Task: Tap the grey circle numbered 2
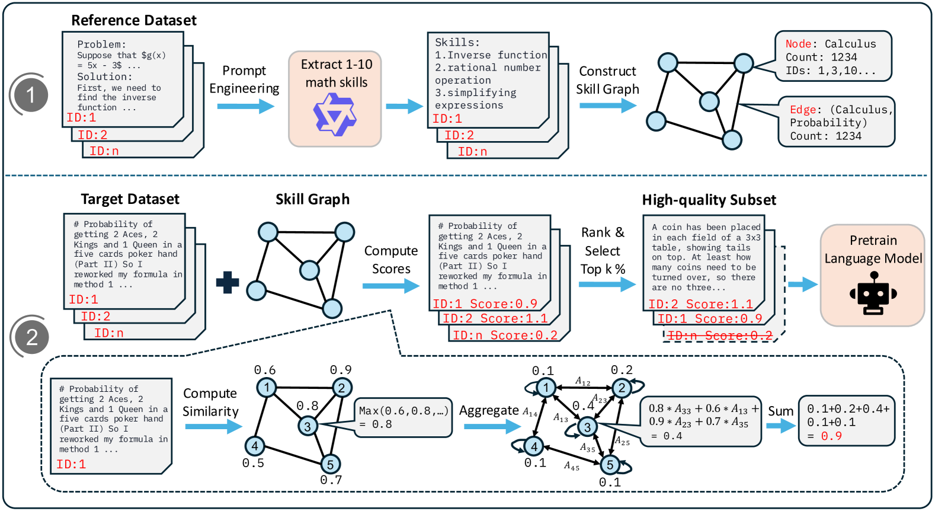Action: pos(32,337)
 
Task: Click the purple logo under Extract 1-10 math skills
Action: pos(335,114)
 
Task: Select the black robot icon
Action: pos(873,293)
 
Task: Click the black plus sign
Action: pos(228,282)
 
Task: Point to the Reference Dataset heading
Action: pos(134,20)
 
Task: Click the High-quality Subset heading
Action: pos(709,200)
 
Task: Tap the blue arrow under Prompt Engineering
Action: pos(245,107)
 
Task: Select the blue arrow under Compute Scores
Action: pos(390,286)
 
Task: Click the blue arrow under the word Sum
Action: pos(781,426)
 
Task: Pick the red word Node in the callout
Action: pos(798,44)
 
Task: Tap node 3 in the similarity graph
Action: pos(308,426)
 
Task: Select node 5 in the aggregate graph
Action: pos(610,465)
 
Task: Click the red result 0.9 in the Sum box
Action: pos(831,436)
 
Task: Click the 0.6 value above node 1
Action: pos(264,370)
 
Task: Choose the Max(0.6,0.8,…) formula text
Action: pos(404,411)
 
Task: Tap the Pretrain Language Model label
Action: pos(873,250)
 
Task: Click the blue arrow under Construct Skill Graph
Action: pos(607,106)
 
